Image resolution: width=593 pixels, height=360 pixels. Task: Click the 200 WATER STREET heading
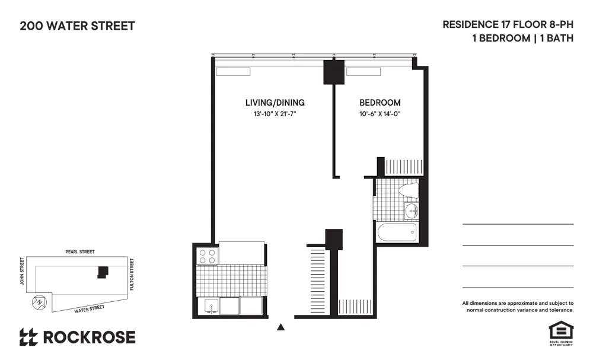coord(77,26)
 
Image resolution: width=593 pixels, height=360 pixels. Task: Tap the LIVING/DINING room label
coord(275,103)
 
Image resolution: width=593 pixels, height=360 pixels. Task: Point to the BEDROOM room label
coord(380,103)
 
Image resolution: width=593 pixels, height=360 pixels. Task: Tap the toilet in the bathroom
coord(409,190)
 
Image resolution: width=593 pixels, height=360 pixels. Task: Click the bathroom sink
coord(412,210)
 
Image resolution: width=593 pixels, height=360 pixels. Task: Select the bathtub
coord(397,232)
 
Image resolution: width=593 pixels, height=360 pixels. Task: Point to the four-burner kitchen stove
coord(207,256)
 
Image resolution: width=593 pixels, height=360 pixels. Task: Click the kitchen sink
coord(209,306)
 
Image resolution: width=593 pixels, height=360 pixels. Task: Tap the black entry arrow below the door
coord(282,326)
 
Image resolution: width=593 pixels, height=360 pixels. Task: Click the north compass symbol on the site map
coord(39,301)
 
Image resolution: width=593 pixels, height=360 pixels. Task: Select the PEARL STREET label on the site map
coord(80,252)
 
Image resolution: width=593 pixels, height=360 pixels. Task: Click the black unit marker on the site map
coord(103,272)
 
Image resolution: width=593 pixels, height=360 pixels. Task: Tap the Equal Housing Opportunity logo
coord(559,332)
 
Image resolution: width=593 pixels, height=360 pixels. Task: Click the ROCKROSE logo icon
coord(28,337)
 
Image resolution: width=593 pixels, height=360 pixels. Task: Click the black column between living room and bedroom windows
coord(334,72)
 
